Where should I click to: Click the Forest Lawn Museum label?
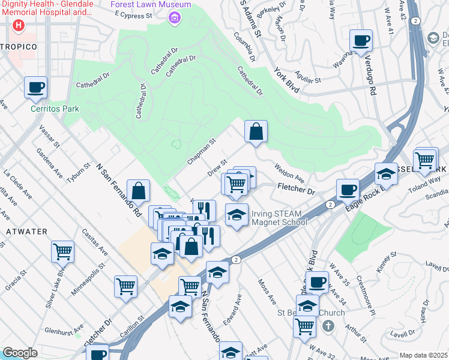coord(151,5)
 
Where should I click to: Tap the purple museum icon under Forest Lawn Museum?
coord(174,18)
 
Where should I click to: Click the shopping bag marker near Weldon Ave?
coord(256,131)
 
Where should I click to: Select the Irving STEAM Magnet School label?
coord(279,217)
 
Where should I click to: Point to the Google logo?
coord(20,353)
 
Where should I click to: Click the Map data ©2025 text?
coord(424,355)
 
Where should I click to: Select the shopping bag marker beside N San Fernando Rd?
coord(138,190)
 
